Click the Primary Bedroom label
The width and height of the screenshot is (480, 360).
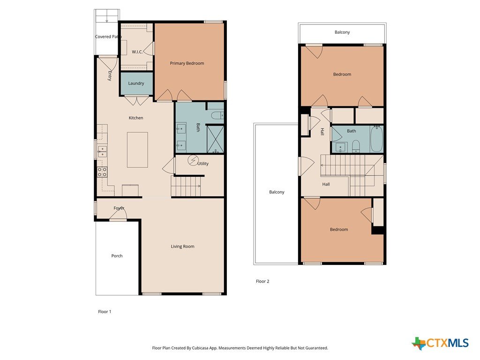click(x=187, y=63)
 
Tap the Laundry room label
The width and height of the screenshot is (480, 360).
click(x=136, y=83)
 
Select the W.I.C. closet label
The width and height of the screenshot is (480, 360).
click(x=137, y=52)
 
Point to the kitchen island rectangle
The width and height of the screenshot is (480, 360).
click(x=137, y=150)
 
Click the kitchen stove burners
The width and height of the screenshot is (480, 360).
click(x=102, y=172)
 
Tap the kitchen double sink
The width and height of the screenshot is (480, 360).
click(x=102, y=151)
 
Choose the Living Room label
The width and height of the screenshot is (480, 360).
click(x=182, y=247)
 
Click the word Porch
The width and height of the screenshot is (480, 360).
click(x=117, y=256)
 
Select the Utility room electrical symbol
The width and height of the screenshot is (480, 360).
click(x=193, y=160)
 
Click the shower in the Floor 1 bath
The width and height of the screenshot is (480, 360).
click(x=216, y=139)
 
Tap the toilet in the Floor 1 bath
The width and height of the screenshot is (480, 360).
click(x=217, y=115)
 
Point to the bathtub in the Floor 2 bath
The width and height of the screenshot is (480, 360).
click(x=376, y=139)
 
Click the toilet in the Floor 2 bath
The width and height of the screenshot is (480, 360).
click(x=356, y=146)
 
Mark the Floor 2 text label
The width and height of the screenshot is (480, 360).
click(x=262, y=281)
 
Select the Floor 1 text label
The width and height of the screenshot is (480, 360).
click(x=105, y=312)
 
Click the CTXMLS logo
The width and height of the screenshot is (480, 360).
click(x=440, y=343)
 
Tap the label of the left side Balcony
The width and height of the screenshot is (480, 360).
click(x=277, y=192)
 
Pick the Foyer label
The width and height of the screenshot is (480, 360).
click(x=119, y=208)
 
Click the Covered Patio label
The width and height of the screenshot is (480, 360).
click(x=108, y=37)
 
